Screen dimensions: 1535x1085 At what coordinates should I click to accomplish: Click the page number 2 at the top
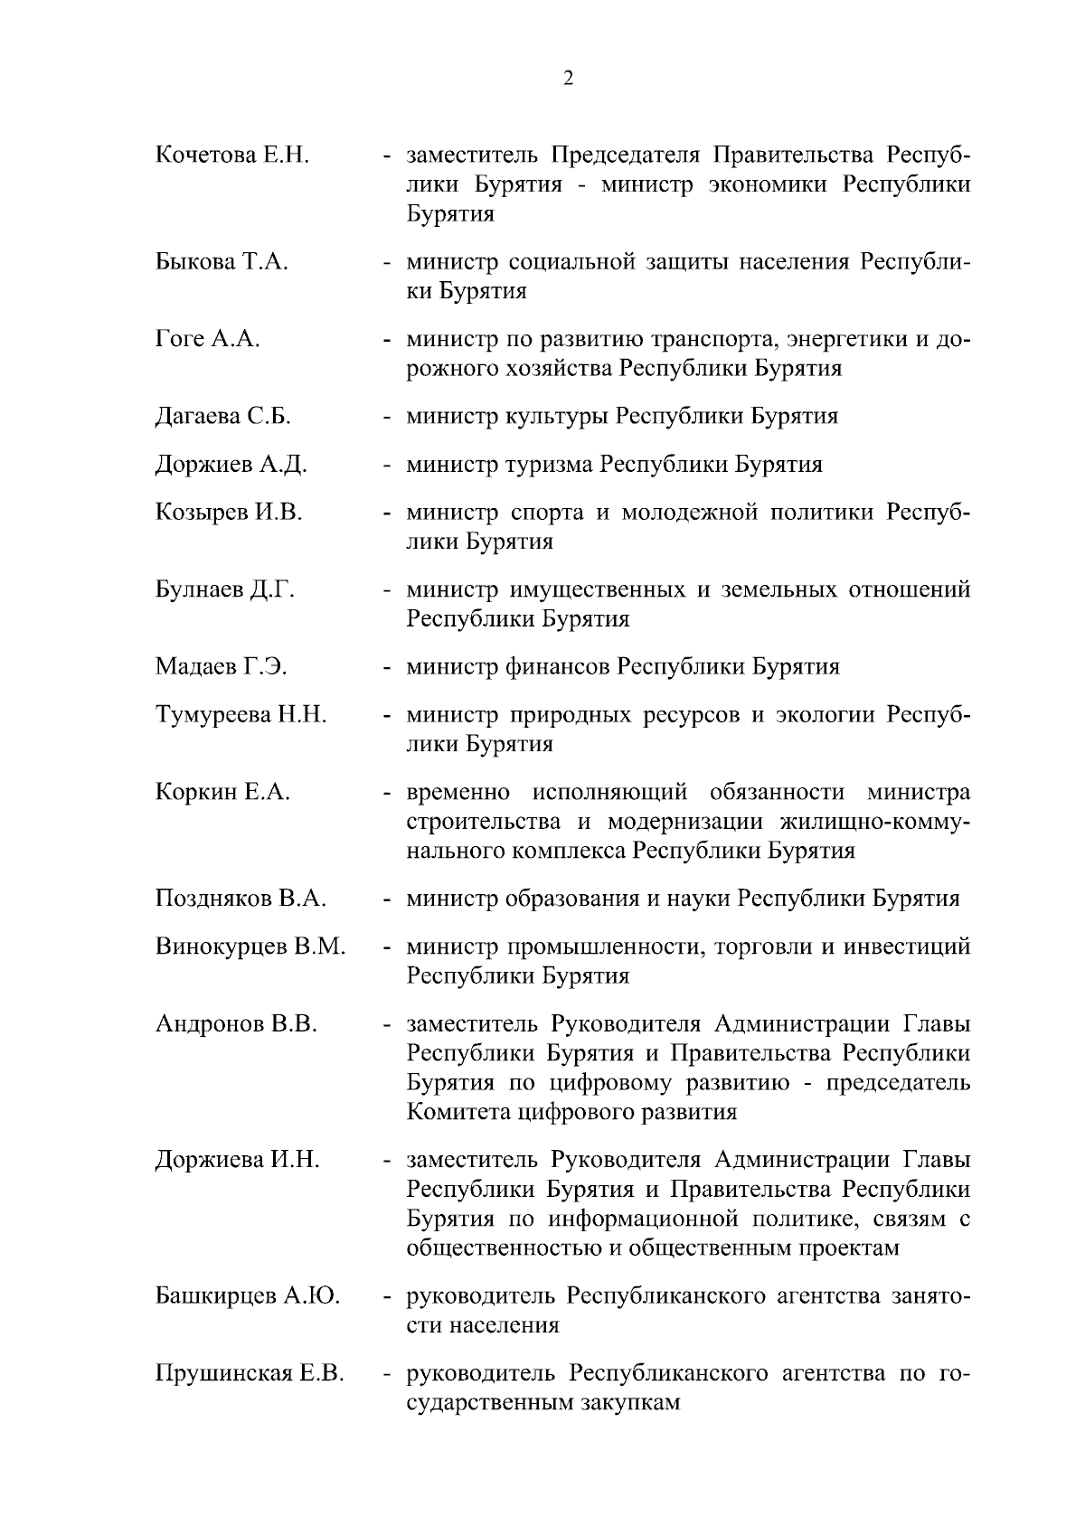pos(567,79)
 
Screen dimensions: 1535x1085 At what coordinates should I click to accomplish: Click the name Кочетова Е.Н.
pos(232,155)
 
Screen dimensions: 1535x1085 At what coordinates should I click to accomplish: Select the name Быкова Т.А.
pos(222,262)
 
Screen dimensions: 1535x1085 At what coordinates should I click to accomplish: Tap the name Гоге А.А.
pos(208,339)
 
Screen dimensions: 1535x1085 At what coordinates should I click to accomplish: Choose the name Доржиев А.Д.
pos(231,465)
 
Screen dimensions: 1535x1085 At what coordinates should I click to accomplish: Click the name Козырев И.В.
pos(229,513)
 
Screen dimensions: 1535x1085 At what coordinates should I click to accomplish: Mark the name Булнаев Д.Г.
pos(225,589)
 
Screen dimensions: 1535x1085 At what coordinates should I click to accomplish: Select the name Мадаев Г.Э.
pos(222,666)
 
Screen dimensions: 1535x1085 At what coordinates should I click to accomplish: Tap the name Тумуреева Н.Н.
pos(241,715)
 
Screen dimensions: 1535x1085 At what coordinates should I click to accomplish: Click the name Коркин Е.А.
pos(222,792)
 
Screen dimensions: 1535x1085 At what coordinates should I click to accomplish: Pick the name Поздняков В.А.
pos(241,899)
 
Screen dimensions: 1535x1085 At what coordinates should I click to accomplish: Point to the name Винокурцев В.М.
pos(250,947)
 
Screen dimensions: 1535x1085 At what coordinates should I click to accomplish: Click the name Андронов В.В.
pos(236,1024)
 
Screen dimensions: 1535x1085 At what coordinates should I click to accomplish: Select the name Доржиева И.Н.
pos(238,1160)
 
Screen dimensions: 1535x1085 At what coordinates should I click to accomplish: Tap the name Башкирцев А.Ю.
pos(248,1295)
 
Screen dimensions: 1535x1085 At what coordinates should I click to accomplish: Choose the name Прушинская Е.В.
pos(250,1373)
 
